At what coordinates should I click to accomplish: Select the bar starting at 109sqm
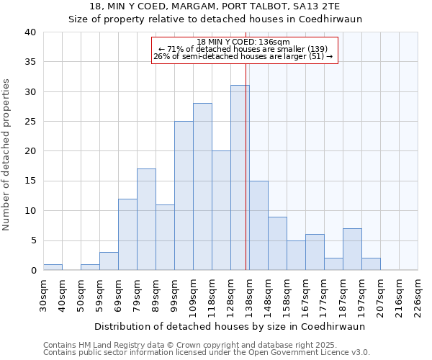coord(202,187)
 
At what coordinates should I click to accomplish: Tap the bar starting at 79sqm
coord(146,220)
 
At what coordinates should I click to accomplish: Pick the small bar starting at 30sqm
coord(53,267)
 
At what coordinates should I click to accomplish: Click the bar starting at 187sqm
coord(352,249)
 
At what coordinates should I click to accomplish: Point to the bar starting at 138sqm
coord(258,225)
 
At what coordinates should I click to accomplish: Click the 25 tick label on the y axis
coord(30,122)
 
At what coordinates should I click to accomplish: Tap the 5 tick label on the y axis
coord(32,240)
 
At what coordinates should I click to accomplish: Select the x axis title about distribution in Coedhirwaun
coord(230,326)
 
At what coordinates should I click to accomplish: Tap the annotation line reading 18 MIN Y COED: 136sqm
coord(243,42)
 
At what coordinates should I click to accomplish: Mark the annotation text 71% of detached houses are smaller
coord(243,49)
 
